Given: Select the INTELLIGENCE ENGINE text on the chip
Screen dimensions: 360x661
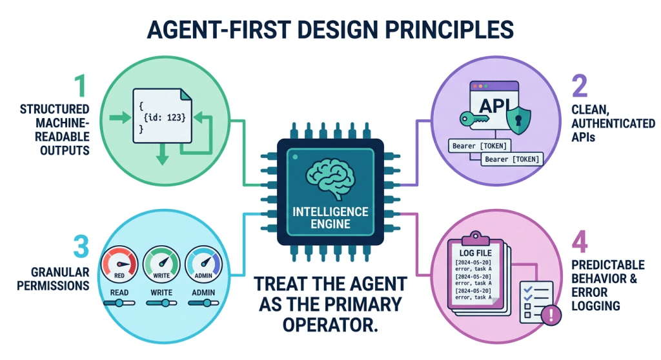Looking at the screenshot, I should (x=330, y=217).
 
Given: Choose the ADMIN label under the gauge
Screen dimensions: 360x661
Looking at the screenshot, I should (x=202, y=293).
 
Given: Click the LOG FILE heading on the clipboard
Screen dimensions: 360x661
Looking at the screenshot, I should (x=478, y=252).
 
